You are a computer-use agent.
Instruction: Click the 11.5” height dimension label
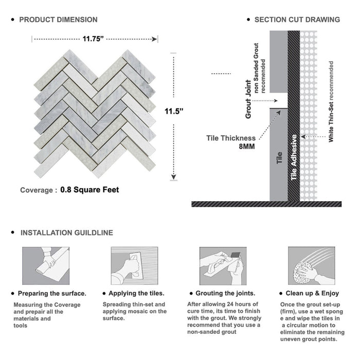click(x=175, y=111)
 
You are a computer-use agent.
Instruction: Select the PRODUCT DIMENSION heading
click(x=58, y=20)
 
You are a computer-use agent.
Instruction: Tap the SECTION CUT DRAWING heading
click(x=297, y=20)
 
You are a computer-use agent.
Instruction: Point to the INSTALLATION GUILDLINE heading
click(x=66, y=232)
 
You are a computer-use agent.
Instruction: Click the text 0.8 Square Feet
click(x=89, y=190)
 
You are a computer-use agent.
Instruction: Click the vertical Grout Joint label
click(x=248, y=99)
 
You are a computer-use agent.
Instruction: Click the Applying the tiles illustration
click(x=134, y=265)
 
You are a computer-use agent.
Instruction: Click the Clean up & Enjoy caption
click(x=316, y=294)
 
